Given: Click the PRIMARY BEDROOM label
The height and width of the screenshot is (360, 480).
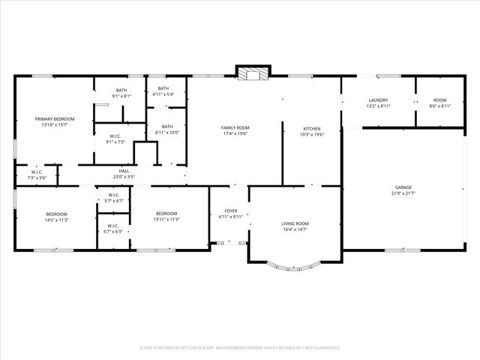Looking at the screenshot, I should [55, 118].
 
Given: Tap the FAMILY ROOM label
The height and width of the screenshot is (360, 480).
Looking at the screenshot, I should [235, 127].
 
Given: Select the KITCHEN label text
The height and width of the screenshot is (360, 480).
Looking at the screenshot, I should [311, 127].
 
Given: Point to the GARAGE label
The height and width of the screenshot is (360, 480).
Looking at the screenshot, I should [403, 187].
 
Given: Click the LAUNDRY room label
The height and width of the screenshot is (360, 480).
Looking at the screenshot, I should [377, 100].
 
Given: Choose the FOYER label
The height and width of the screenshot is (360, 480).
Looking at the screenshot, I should [231, 211].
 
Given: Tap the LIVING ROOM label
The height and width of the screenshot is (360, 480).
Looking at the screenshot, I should [295, 223].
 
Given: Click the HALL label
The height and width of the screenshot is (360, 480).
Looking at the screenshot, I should [124, 171].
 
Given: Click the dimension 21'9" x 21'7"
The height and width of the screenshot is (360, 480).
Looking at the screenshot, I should [403, 193].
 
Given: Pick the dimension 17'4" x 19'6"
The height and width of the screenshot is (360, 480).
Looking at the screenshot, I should [235, 133].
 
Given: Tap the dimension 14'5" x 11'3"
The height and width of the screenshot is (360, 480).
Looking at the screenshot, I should [57, 220].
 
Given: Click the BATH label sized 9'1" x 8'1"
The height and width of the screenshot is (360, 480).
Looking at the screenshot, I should [121, 90].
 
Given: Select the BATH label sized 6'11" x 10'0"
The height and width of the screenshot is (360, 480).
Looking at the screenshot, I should [166, 127].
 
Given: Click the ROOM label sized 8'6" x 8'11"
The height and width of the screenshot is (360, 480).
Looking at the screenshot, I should [439, 100].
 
